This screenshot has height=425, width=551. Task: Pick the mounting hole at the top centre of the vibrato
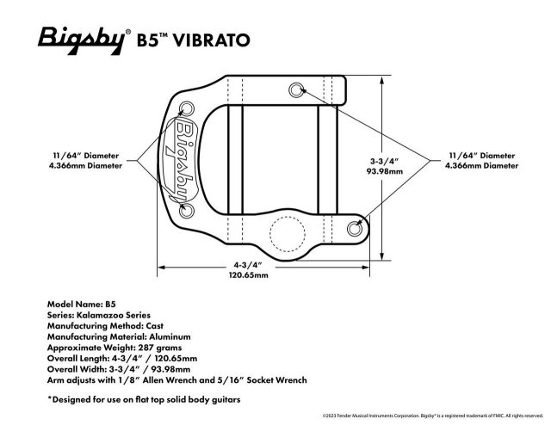pyautogui.click(x=296, y=89)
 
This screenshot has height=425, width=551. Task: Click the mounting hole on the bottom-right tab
pyautogui.click(x=356, y=227)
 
